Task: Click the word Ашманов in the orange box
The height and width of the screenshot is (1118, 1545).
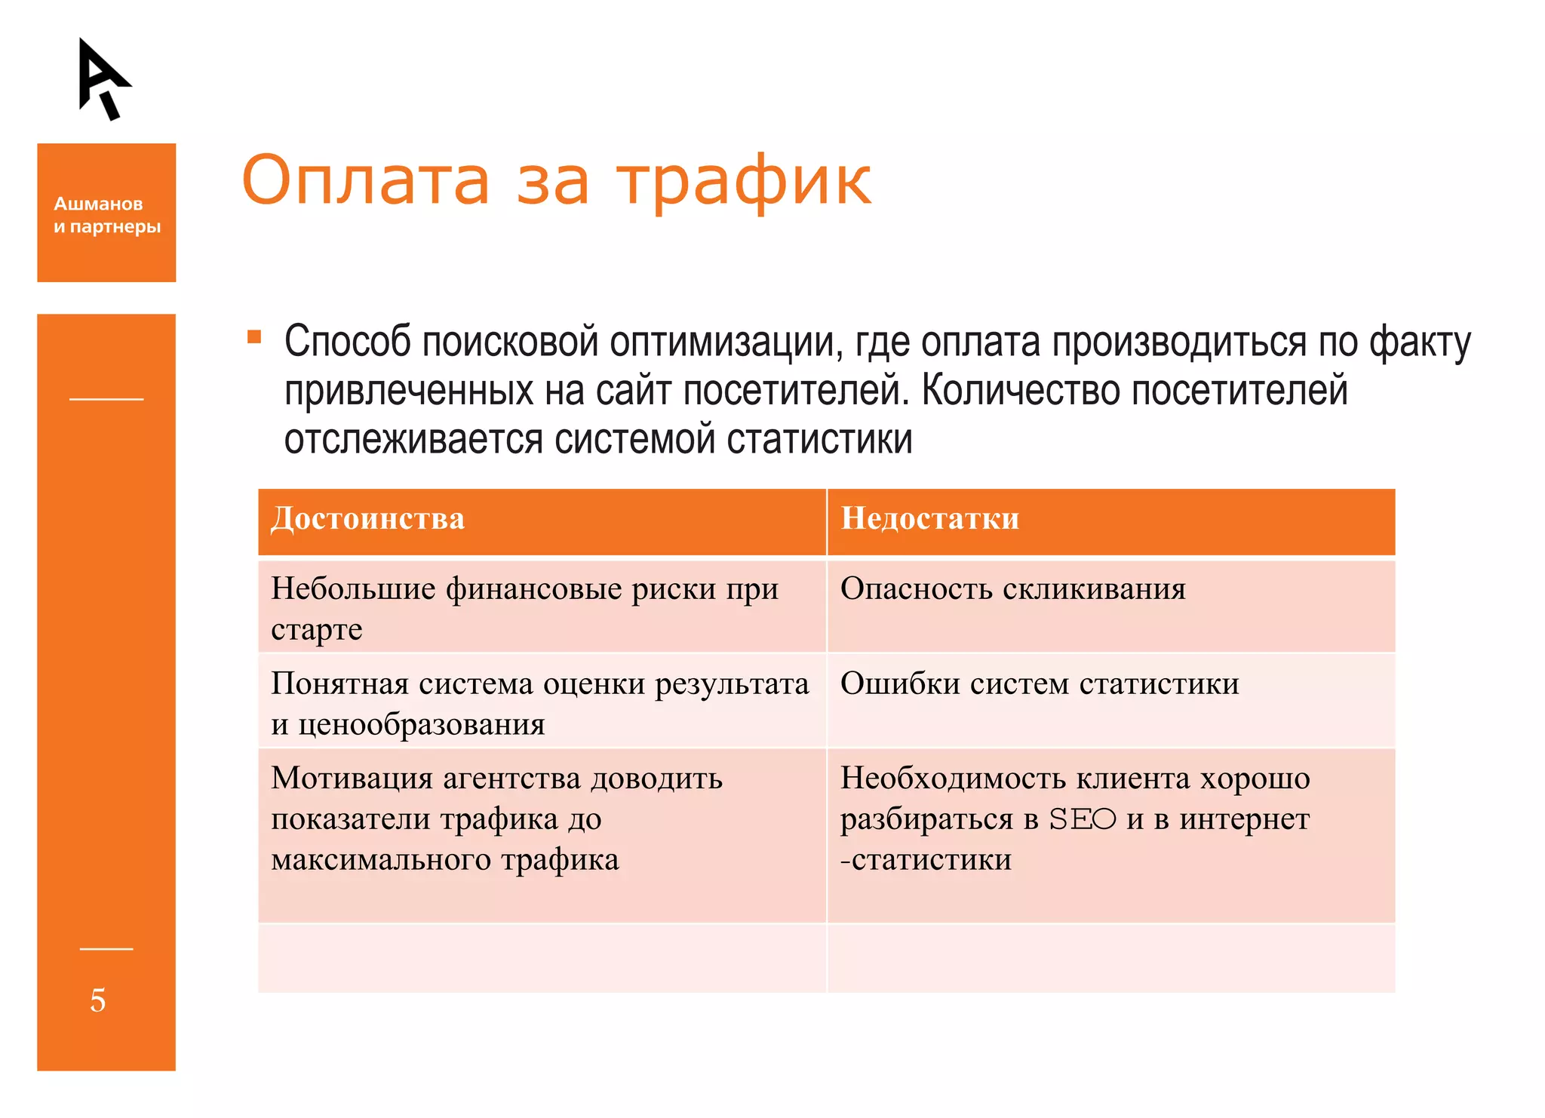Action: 98,204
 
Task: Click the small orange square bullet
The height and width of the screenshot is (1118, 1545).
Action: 254,336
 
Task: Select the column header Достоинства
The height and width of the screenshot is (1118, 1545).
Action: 367,519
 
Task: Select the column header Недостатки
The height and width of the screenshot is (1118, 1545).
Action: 929,519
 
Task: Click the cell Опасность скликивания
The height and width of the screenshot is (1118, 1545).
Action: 1012,589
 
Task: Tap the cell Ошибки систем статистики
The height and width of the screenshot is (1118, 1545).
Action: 1039,684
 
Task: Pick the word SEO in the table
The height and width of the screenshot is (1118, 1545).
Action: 1082,819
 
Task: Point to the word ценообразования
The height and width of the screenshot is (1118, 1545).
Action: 421,725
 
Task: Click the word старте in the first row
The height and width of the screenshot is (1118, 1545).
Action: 316,630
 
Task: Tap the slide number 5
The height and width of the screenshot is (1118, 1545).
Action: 98,1000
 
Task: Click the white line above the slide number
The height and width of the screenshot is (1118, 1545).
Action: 106,949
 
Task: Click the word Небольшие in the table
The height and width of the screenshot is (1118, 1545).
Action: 353,589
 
